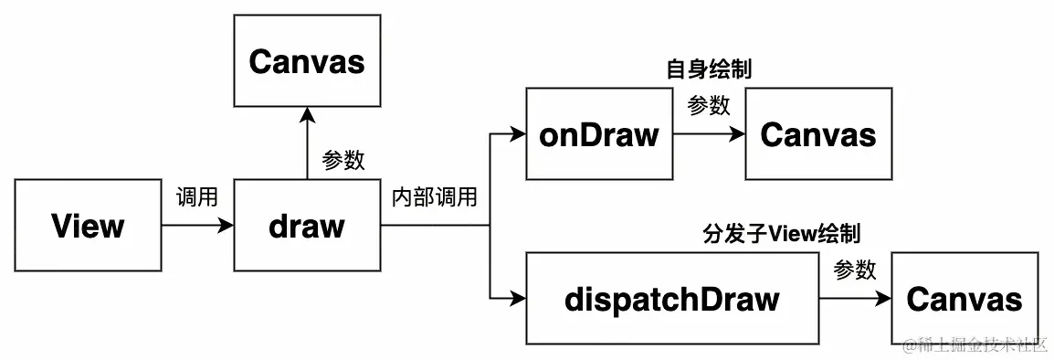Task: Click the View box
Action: pos(88,226)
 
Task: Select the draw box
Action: pos(307,226)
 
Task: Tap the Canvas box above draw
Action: pos(307,61)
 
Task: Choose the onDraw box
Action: pos(599,134)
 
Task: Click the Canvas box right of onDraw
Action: pos(818,134)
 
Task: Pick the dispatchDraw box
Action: pos(672,299)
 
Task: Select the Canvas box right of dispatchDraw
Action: pos(964,299)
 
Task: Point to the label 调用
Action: pos(196,196)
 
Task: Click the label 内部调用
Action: pos(434,196)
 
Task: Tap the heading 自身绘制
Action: pos(709,69)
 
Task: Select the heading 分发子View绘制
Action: pos(782,234)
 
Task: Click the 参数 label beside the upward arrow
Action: pos(343,160)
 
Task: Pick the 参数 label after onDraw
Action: pos(709,105)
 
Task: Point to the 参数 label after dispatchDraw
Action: pos(855,270)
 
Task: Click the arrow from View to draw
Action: pos(197,226)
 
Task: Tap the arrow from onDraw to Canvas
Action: pos(709,134)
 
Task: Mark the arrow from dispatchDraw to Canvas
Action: pos(855,299)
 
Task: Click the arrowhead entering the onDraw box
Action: pos(519,134)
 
